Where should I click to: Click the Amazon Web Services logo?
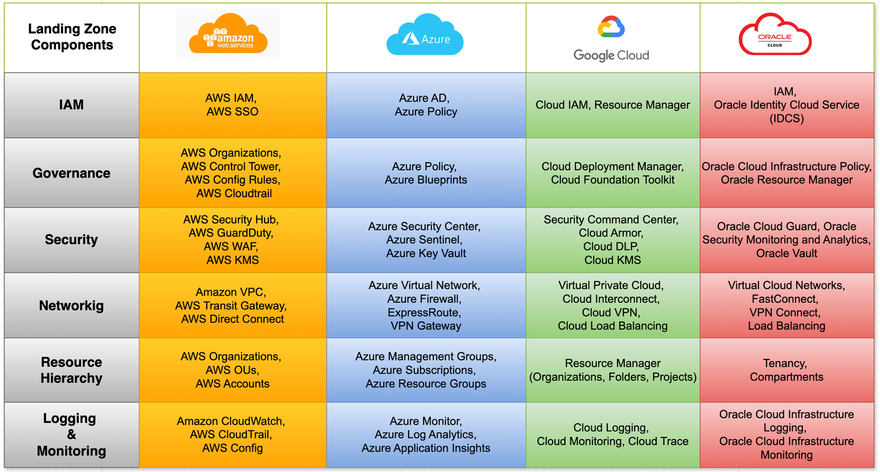pyautogui.click(x=228, y=34)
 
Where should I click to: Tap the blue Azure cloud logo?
pyautogui.click(x=425, y=34)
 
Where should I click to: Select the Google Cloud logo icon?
pyautogui.click(x=611, y=27)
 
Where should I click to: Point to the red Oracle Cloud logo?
pyautogui.click(x=775, y=34)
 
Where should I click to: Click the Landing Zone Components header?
pyautogui.click(x=72, y=37)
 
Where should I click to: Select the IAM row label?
pyautogui.click(x=71, y=105)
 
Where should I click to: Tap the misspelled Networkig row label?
pyautogui.click(x=71, y=306)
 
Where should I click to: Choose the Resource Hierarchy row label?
pyautogui.click(x=71, y=370)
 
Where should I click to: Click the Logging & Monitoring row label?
pyautogui.click(x=71, y=435)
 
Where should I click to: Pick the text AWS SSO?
pyautogui.click(x=233, y=112)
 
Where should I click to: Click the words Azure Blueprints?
pyautogui.click(x=426, y=180)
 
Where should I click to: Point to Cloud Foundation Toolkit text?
pyautogui.click(x=613, y=180)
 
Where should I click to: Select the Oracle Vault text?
pyautogui.click(x=787, y=253)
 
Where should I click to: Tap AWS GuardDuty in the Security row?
pyautogui.click(x=231, y=233)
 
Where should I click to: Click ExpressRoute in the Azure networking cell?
pyautogui.click(x=424, y=313)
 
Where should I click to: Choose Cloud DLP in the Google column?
pyautogui.click(x=611, y=247)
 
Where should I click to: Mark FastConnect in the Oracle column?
pyautogui.click(x=785, y=299)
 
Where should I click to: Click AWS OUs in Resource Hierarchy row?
pyautogui.click(x=232, y=370)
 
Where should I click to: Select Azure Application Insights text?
pyautogui.click(x=426, y=448)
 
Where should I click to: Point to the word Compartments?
pyautogui.click(x=787, y=377)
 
